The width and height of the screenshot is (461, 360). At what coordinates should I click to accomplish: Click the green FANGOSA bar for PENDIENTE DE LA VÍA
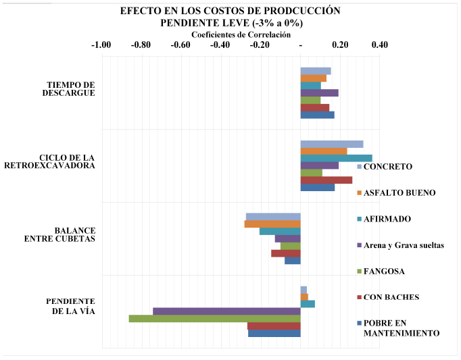pyautogui.click(x=214, y=318)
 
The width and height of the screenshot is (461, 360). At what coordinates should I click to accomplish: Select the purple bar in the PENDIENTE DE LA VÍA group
pyautogui.click(x=226, y=311)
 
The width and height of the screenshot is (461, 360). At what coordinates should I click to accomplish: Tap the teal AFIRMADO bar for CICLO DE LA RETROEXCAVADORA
pyautogui.click(x=336, y=158)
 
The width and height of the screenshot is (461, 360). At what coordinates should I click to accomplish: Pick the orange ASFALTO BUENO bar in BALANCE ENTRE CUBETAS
pyautogui.click(x=272, y=224)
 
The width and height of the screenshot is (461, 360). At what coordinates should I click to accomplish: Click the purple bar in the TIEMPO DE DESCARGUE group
pyautogui.click(x=319, y=93)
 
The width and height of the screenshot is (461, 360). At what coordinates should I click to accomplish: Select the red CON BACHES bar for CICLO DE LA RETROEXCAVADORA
pyautogui.click(x=326, y=180)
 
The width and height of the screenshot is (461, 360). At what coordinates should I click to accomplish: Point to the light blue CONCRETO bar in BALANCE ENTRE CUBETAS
pyautogui.click(x=273, y=216)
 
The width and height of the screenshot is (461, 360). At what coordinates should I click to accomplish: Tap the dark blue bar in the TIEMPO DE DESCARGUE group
pyautogui.click(x=317, y=115)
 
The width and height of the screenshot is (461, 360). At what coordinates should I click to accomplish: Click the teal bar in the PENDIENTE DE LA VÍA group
pyautogui.click(x=308, y=303)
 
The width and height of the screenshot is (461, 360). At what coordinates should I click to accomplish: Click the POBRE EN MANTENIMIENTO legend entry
pyautogui.click(x=399, y=328)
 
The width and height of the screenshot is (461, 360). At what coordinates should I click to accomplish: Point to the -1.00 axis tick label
pyautogui.click(x=101, y=45)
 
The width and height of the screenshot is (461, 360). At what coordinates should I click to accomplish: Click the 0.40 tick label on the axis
pyautogui.click(x=380, y=45)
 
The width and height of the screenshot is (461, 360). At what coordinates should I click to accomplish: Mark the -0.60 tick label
pyautogui.click(x=180, y=45)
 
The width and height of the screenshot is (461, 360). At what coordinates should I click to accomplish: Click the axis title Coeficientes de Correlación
pyautogui.click(x=241, y=34)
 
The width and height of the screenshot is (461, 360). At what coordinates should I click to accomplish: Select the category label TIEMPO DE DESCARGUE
pyautogui.click(x=70, y=88)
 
